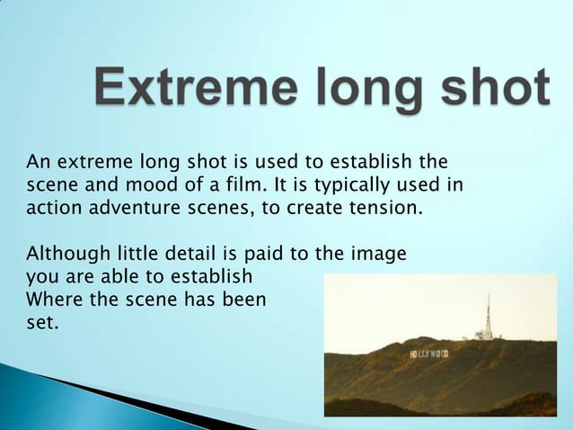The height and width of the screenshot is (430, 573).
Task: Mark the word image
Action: click(x=382, y=253)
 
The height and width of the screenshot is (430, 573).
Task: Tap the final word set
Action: click(x=42, y=322)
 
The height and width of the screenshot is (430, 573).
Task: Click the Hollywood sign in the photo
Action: click(x=428, y=354)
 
